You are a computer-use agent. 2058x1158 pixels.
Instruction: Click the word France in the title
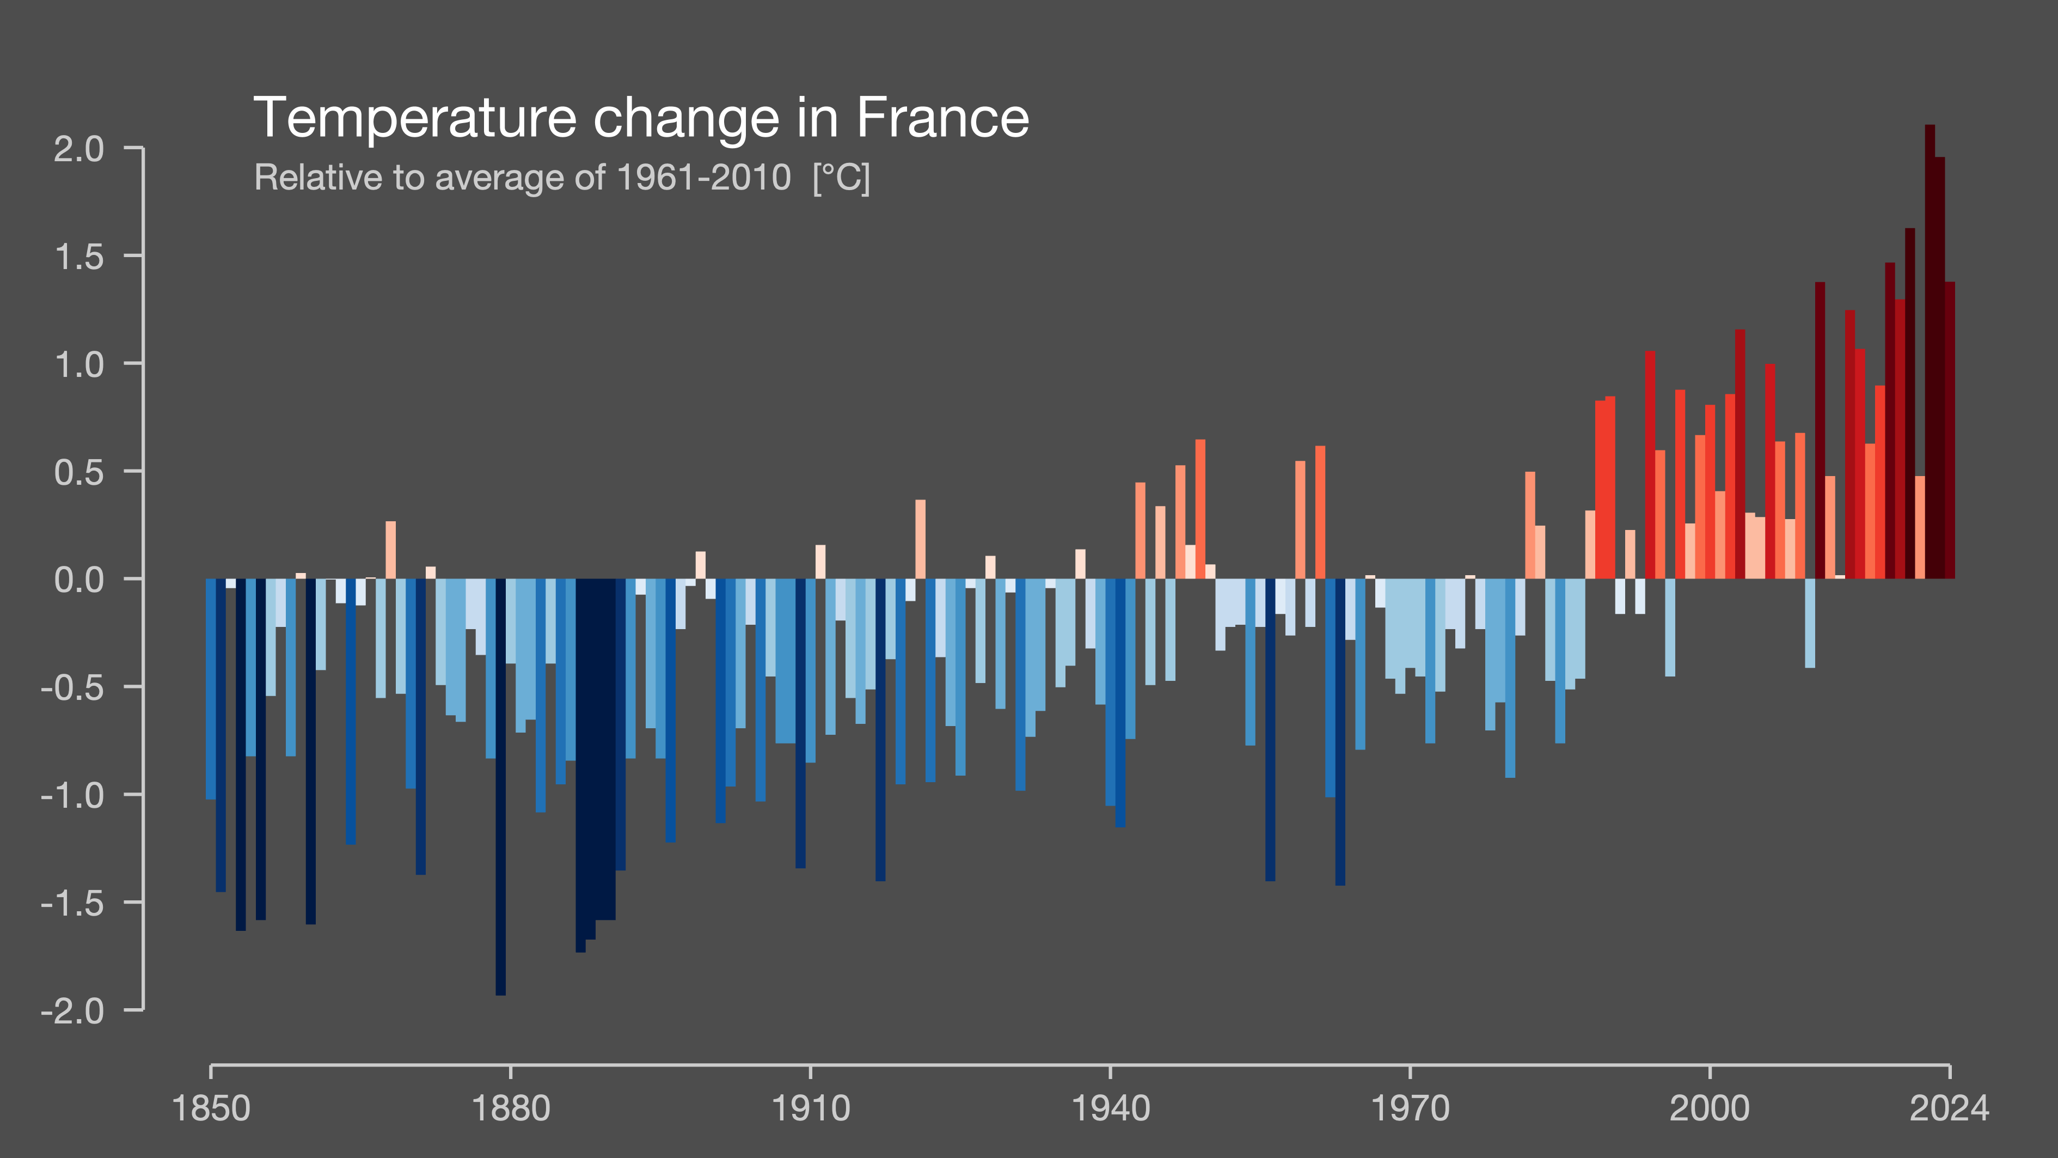coord(943,118)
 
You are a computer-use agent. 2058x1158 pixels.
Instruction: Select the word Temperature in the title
coord(415,118)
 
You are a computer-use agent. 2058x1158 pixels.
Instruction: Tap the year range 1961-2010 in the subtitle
coord(704,178)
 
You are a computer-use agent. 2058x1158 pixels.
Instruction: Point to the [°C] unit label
coord(841,178)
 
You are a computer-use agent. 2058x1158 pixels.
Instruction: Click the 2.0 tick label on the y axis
coord(78,149)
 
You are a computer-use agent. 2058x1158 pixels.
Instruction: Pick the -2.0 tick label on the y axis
coord(72,1011)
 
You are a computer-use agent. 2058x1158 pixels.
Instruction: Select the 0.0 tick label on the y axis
coord(78,580)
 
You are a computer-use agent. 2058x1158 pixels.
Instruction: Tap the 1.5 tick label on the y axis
coord(78,257)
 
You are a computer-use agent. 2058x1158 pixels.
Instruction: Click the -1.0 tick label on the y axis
coord(72,795)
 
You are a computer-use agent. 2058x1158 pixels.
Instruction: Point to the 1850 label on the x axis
coord(211,1109)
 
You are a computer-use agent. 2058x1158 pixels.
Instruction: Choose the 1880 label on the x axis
coord(511,1109)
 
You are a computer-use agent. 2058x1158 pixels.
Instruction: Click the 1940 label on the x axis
coord(1110,1109)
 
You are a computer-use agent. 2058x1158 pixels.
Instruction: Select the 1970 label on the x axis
coord(1409,1109)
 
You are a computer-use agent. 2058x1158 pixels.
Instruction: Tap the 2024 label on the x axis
coord(1949,1109)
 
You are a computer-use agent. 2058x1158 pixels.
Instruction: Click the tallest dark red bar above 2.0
coord(1930,352)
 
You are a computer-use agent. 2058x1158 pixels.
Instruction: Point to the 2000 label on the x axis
coord(1709,1109)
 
